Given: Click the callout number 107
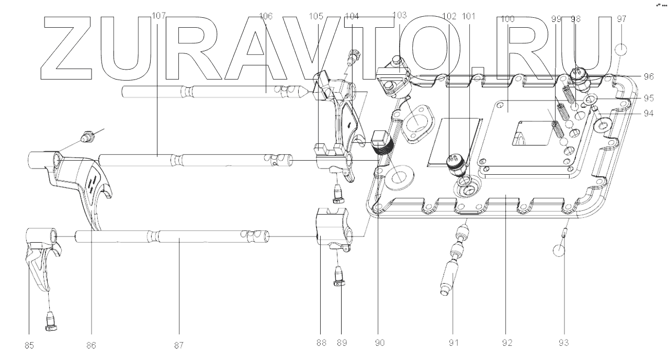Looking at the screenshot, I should (x=158, y=17).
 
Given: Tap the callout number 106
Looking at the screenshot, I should (x=266, y=17).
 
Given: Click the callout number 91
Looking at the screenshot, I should (x=453, y=343).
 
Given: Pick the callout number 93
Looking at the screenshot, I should (x=563, y=343).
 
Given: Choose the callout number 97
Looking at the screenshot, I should (x=621, y=19).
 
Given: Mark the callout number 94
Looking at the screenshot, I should (x=649, y=113).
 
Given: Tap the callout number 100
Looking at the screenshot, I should (x=507, y=19).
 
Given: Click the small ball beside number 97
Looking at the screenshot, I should (x=621, y=50).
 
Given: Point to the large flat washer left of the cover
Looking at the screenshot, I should (x=399, y=176).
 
